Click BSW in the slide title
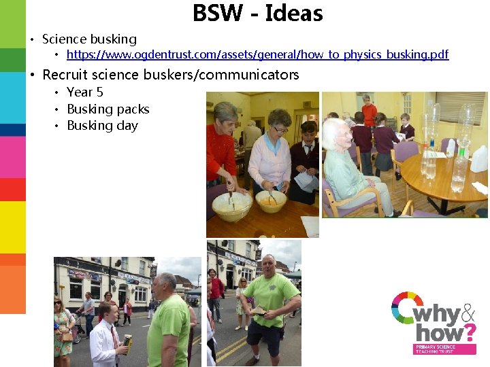coord(215,13)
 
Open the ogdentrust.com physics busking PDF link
coord(257,54)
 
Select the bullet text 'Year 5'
coord(85,92)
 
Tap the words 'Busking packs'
coord(108,109)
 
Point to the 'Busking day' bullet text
coord(102,126)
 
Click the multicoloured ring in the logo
coord(406,307)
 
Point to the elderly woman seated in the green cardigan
coord(350,170)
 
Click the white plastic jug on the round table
coord(480,158)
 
